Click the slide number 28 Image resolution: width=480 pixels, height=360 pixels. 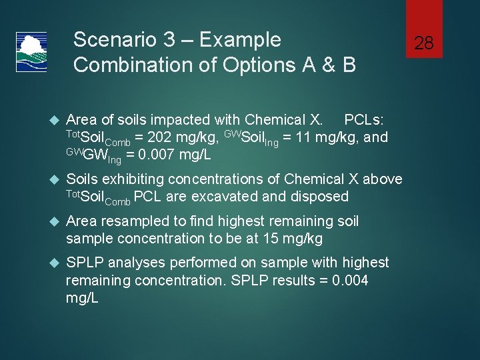point(424,44)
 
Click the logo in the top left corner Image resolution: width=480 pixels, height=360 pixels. point(31,52)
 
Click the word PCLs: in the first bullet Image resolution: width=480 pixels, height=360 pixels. point(364,120)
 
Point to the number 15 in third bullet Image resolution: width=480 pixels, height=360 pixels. point(267,238)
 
